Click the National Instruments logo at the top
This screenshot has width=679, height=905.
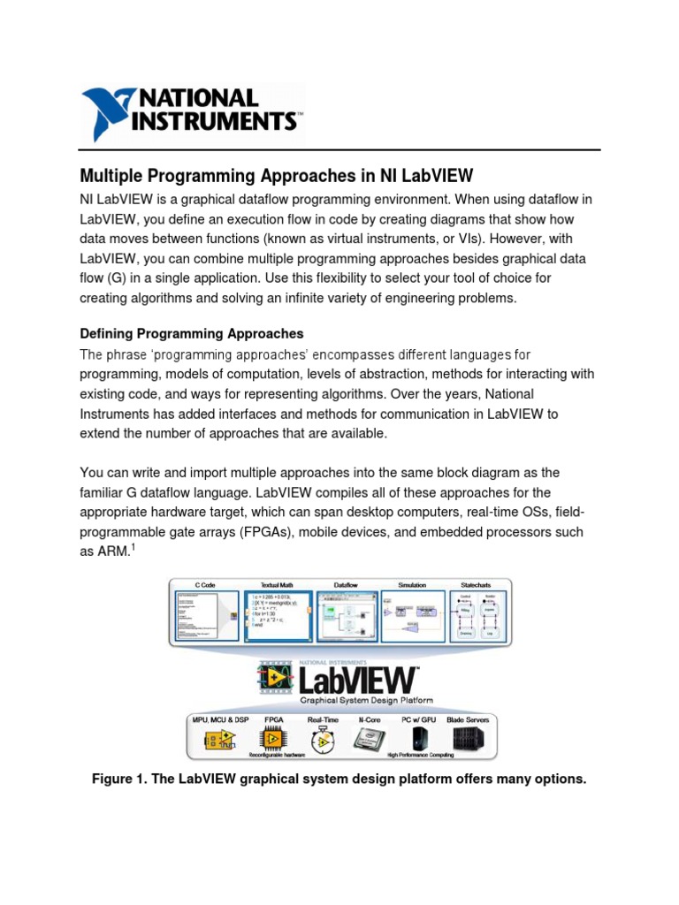point(192,112)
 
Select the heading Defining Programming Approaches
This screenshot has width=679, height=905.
point(192,334)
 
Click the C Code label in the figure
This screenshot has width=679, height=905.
point(206,584)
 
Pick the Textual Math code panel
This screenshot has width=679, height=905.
point(278,615)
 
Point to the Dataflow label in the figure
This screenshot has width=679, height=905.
point(346,584)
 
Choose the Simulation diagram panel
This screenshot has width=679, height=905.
point(412,616)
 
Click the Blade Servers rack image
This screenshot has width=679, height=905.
point(468,737)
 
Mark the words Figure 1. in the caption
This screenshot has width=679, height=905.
point(118,780)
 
